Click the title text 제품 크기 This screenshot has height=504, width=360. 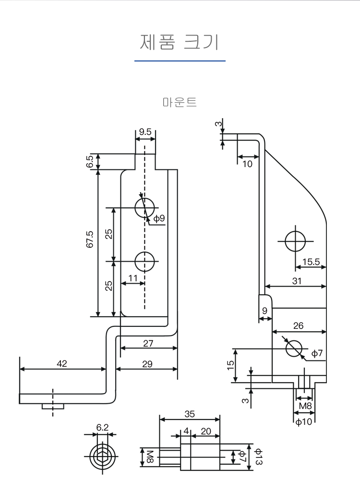pyautogui.click(x=180, y=42)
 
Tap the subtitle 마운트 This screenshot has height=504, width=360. pyautogui.click(x=180, y=102)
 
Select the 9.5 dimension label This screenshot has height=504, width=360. pyautogui.click(x=145, y=132)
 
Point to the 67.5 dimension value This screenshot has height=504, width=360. pyautogui.click(x=90, y=239)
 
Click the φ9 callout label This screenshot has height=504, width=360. pyautogui.click(x=159, y=218)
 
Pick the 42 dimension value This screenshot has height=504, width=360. pyautogui.click(x=62, y=364)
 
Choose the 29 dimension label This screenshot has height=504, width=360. pyautogui.click(x=147, y=364)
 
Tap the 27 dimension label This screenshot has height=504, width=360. pyautogui.click(x=148, y=343)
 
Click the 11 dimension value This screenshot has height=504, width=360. pyautogui.click(x=133, y=278)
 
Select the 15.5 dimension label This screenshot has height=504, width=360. pyautogui.click(x=311, y=262)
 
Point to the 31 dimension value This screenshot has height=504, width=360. pyautogui.click(x=297, y=281)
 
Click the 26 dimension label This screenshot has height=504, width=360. pyautogui.click(x=298, y=326)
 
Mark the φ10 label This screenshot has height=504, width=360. pyautogui.click(x=304, y=422)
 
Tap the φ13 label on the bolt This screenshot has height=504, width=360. pyautogui.click(x=258, y=456)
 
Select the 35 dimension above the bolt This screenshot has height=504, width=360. pyautogui.click(x=190, y=414)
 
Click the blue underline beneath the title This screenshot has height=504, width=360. pyautogui.click(x=180, y=61)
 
